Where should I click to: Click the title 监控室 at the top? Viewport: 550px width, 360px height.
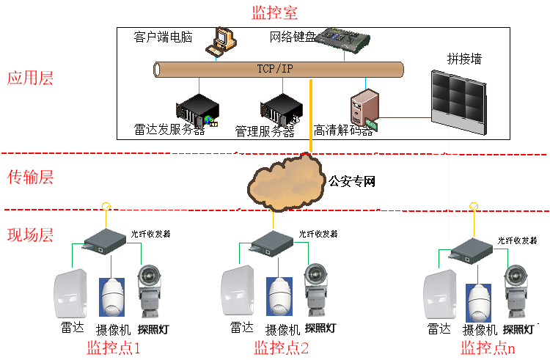pos(275,12)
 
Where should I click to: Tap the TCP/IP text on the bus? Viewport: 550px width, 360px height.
pos(276,70)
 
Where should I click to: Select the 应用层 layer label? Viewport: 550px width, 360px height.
pos(30,78)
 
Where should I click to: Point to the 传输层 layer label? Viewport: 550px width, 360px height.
pos(30,177)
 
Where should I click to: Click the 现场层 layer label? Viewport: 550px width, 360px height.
pos(30,235)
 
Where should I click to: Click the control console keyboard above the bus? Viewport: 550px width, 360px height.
pos(342,40)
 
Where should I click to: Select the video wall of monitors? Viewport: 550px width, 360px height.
pos(458,101)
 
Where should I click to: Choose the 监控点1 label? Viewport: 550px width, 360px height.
pos(114,347)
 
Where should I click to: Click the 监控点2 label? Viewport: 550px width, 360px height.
pos(282,347)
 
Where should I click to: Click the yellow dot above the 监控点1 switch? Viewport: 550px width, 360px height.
pos(106,206)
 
